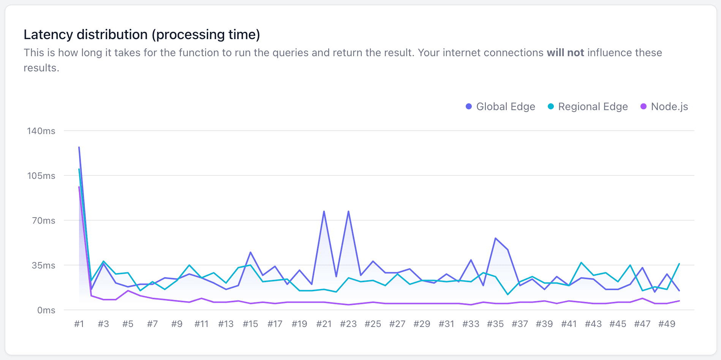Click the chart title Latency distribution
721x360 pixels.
pos(142,35)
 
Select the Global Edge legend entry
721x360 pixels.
pos(500,107)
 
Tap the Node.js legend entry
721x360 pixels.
pos(664,107)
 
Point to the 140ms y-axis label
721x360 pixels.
pos(41,131)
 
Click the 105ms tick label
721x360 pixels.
pos(41,176)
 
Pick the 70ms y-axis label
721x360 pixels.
pos(43,221)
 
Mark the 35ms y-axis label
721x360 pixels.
pos(43,265)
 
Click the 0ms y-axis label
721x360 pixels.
pos(46,310)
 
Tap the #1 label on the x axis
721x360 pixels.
pos(79,324)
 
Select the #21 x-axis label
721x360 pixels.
pos(324,324)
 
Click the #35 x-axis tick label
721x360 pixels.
pos(495,324)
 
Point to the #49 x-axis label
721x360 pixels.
pos(667,324)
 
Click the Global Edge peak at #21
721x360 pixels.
pos(324,211)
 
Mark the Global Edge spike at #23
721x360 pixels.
pos(348,211)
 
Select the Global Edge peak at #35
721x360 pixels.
pos(495,238)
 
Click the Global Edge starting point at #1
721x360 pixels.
pos(79,147)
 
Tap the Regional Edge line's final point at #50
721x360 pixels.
pos(679,264)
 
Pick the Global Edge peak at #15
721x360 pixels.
pos(250,252)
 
